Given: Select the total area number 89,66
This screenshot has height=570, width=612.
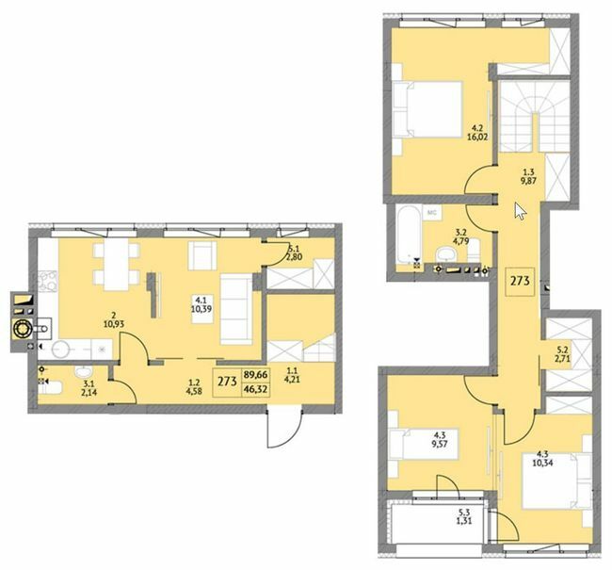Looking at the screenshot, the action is [x=255, y=375].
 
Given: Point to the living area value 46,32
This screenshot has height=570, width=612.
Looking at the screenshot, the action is [x=255, y=389].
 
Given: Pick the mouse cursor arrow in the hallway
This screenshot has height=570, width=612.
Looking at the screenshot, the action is [x=521, y=211].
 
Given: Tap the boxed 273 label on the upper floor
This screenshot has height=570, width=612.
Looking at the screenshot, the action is [x=520, y=281].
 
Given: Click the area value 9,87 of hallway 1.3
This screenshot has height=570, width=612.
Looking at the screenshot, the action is [x=530, y=181].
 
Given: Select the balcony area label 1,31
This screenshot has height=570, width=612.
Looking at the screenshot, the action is [x=463, y=520].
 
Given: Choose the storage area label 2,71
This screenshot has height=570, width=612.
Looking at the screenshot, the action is [x=563, y=357].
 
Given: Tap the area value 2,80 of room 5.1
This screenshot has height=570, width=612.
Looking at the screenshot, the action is [x=296, y=256].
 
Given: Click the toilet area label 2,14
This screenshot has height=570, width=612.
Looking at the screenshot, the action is [x=89, y=392].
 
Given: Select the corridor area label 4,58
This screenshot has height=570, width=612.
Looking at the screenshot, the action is [x=194, y=391].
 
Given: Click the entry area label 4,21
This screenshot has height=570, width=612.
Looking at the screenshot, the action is [x=292, y=378].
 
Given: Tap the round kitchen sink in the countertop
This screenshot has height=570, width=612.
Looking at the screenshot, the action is [x=61, y=349].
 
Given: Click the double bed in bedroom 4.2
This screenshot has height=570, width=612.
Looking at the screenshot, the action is [x=427, y=109].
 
